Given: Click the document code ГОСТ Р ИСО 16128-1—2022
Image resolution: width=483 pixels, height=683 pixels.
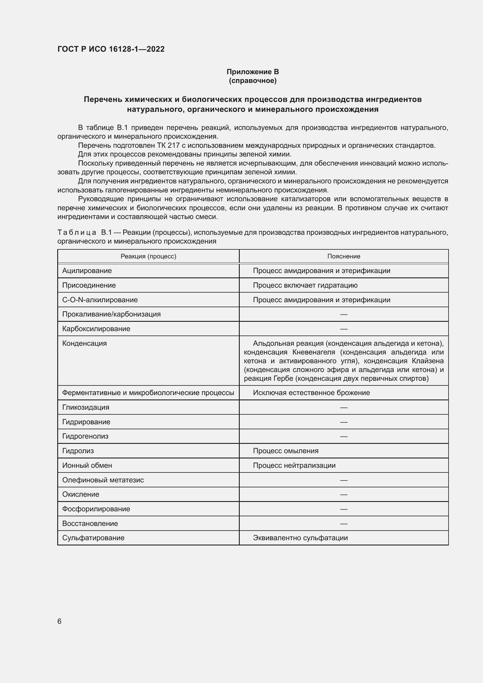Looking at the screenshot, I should [111, 49].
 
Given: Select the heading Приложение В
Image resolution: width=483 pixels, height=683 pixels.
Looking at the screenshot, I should [253, 72].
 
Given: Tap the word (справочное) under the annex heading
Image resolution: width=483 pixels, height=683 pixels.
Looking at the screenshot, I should [253, 81].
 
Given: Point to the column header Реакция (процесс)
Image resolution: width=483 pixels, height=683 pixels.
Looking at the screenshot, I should [148, 256].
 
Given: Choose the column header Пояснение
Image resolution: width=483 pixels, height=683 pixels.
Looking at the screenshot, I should [343, 256].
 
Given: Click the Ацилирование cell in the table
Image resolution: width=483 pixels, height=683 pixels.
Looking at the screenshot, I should [87, 271].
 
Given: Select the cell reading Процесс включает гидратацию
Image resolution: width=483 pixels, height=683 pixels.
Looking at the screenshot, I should [305, 285].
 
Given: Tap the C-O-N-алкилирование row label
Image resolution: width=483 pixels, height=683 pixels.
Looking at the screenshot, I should [100, 300].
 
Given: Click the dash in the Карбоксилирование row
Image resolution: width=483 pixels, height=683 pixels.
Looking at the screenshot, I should [343, 329].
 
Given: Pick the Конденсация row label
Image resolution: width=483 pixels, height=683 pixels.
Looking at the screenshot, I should [84, 343].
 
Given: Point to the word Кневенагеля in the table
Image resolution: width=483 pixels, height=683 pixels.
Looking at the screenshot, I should [313, 352].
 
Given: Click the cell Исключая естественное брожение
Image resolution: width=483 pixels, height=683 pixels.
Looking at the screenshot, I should [311, 393].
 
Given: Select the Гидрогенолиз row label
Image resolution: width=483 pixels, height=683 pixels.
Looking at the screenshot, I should [85, 436].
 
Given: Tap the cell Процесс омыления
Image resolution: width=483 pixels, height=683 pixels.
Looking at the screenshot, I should [286, 451].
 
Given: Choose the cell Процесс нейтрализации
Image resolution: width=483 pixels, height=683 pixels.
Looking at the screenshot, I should [294, 465].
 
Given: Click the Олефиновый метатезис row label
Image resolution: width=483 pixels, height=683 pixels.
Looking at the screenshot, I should [103, 480].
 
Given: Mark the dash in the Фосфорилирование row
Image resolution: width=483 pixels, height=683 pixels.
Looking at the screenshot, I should [343, 509].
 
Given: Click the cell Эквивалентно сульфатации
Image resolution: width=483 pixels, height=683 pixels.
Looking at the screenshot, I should [300, 538].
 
